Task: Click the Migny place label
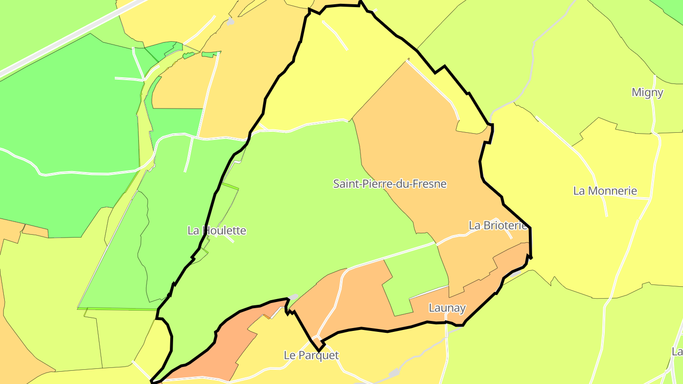click(647, 92)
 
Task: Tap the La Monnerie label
click(605, 191)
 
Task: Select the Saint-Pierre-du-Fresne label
click(390, 183)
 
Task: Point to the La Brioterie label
click(498, 226)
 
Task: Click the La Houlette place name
click(217, 231)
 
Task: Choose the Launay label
click(447, 308)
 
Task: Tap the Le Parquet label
click(311, 355)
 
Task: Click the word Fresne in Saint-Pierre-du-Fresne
click(431, 183)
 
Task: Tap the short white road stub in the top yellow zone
click(335, 36)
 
